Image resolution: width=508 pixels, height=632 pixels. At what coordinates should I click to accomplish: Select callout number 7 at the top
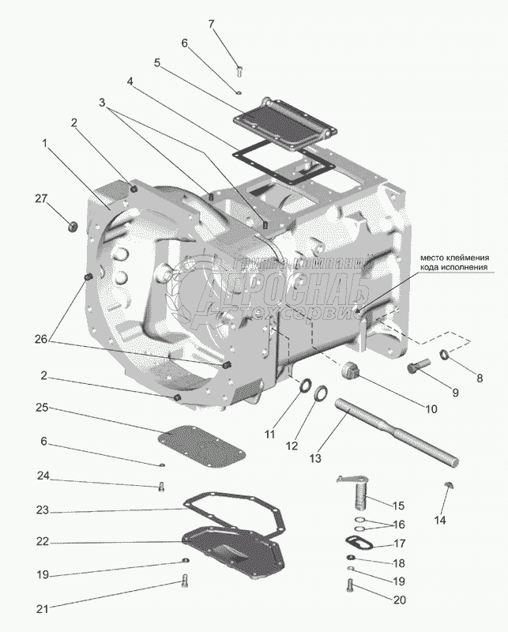(x=212, y=24)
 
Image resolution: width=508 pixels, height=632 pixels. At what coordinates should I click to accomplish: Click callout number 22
(x=43, y=542)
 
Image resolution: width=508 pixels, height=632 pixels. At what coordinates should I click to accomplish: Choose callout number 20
(x=400, y=600)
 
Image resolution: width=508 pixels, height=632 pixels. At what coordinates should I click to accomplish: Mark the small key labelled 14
(x=448, y=485)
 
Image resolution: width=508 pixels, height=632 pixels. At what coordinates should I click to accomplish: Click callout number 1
(x=45, y=143)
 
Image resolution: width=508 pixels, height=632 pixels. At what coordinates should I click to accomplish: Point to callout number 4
(x=130, y=81)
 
